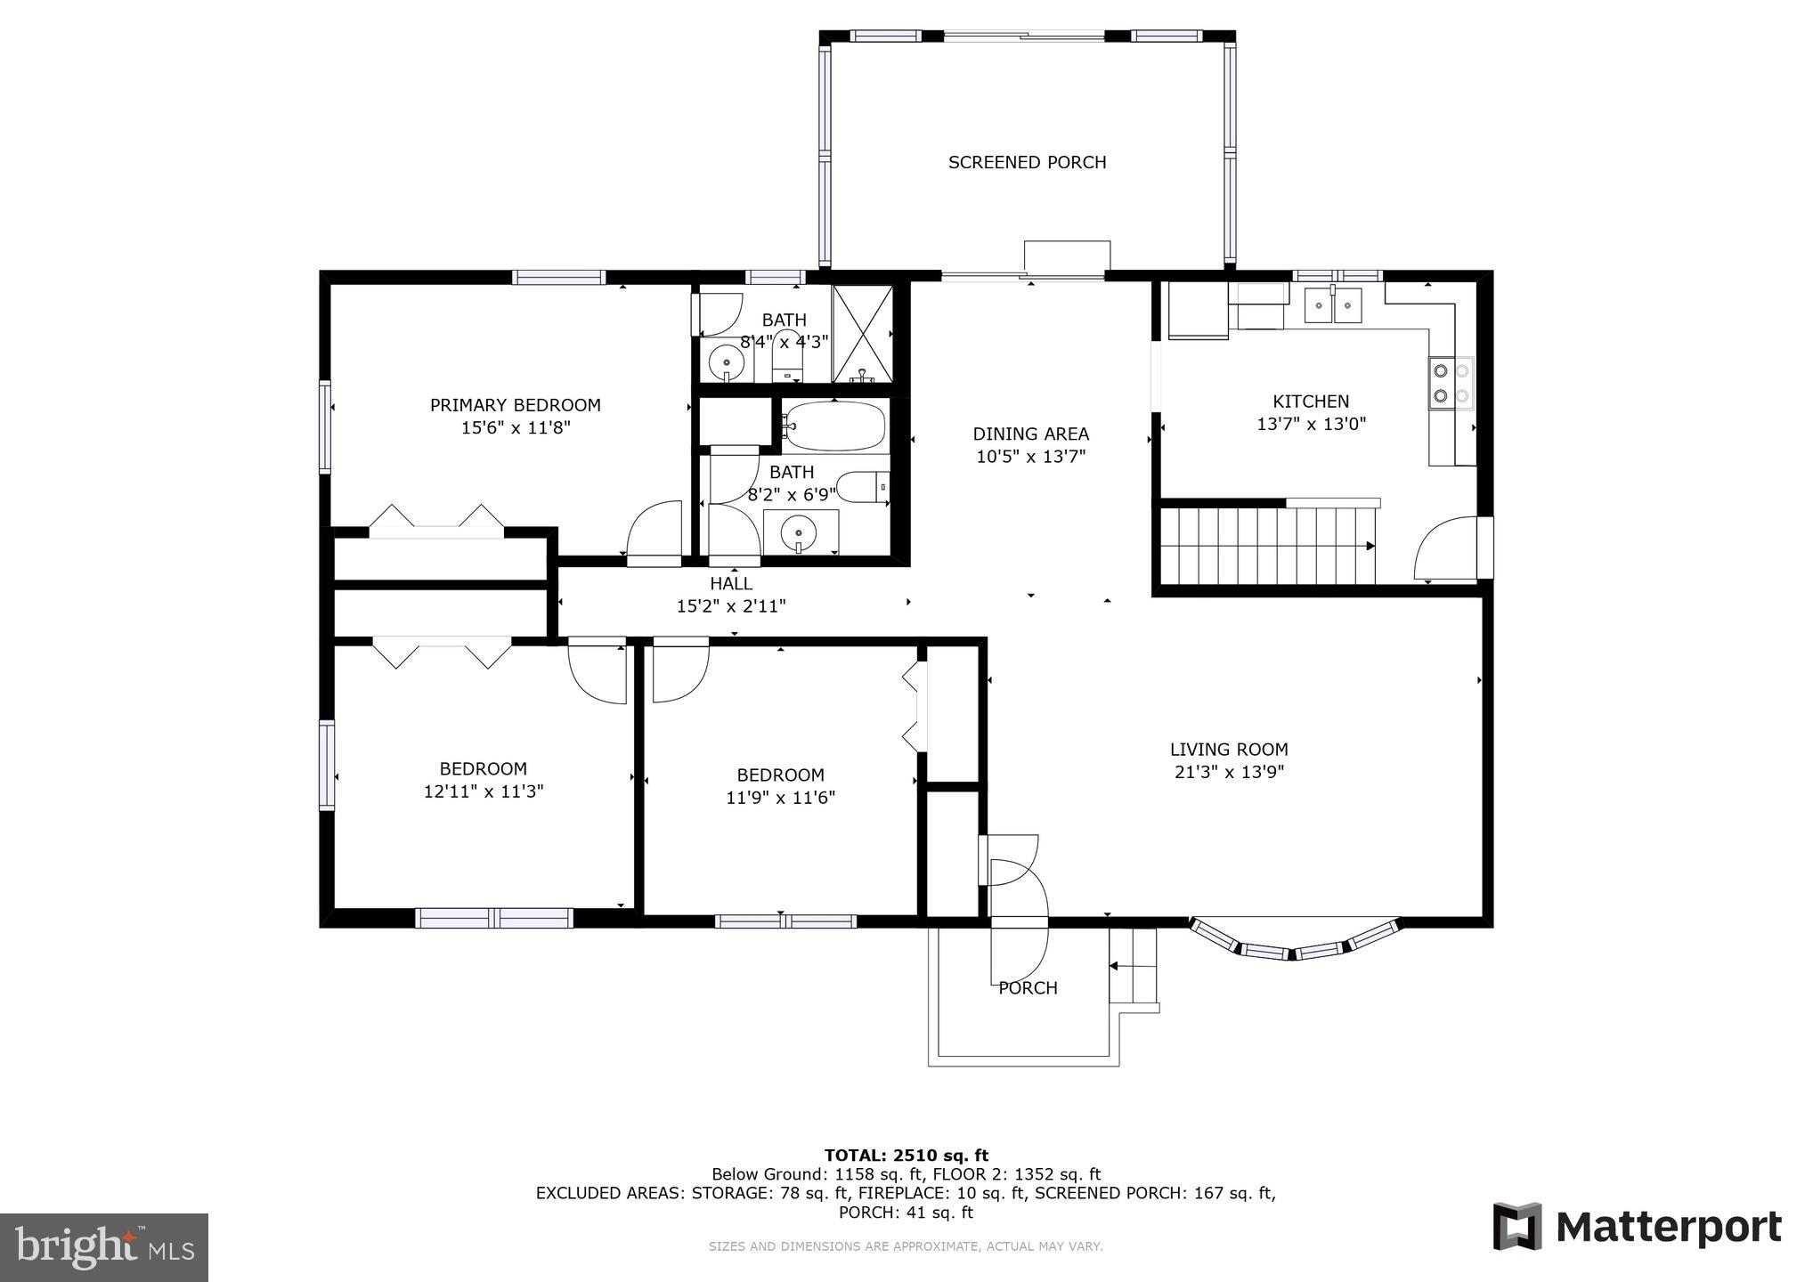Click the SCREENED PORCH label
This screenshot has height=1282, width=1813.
pos(1027,162)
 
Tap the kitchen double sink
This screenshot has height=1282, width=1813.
pos(1333,305)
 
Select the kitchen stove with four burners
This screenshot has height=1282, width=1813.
pos(1451,383)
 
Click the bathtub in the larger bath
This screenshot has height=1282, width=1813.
pos(835,427)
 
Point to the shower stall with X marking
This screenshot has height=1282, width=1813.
pos(862,334)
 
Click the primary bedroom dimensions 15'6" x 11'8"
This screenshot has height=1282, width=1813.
pos(515,427)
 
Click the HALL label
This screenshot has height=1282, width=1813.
pos(731,584)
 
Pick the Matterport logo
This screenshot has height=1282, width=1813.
pos(1637,1227)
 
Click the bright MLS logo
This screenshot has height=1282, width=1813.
pos(104,1247)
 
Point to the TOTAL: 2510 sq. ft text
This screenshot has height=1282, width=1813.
pos(906,1156)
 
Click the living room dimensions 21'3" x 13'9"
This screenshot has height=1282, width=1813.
pos(1229,772)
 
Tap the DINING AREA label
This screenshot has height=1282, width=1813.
pos(1030,434)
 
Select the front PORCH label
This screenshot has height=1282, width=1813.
pos(1028,988)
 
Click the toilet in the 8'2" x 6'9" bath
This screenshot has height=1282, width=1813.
pos(864,488)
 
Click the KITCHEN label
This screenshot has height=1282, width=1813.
pos(1311,402)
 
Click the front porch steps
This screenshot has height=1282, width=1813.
pos(1133,967)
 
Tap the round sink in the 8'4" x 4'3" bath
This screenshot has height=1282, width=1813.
pos(728,362)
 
